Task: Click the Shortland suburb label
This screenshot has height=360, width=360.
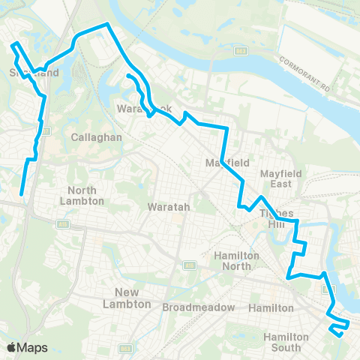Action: coord(33,73)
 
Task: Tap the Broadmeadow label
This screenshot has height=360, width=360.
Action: coord(199,307)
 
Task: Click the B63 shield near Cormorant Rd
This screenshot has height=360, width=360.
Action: coord(240,51)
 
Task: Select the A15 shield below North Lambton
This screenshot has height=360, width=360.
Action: coord(64,223)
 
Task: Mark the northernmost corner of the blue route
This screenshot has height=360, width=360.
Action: coord(107,24)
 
